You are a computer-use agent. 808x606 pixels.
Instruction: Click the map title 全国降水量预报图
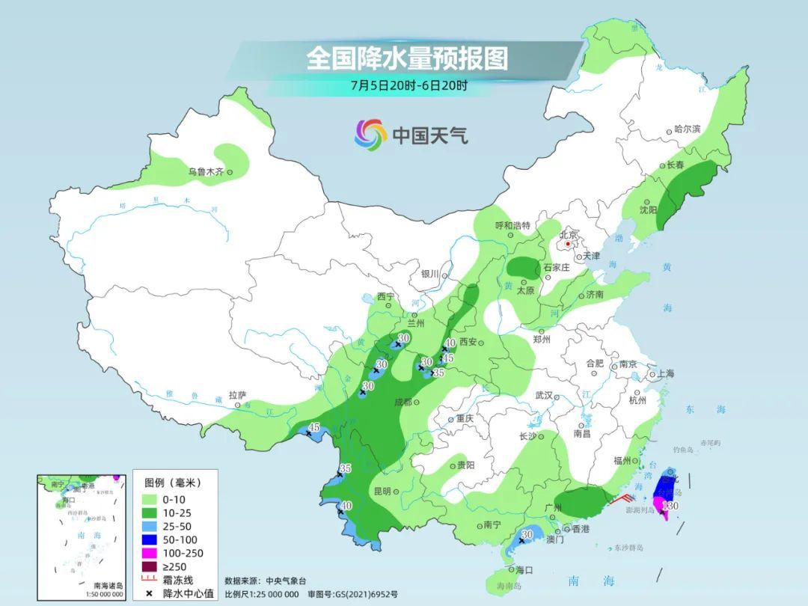407,58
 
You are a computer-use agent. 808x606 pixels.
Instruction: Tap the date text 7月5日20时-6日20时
408,85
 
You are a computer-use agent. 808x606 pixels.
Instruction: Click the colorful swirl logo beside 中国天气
370,134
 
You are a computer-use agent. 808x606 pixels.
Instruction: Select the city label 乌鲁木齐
206,172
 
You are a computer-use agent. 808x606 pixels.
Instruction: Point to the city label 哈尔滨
687,129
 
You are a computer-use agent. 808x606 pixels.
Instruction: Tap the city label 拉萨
237,395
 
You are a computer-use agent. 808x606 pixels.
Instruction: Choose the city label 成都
403,403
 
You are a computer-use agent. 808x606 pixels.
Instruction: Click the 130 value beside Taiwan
670,506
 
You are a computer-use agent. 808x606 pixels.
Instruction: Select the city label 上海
666,374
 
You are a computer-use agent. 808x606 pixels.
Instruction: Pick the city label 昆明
382,492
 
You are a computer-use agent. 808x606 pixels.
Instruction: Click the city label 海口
524,570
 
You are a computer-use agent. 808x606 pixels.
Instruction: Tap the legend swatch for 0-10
149,499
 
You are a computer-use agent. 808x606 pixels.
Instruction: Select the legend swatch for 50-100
149,539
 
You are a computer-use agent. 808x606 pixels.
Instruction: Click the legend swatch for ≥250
149,566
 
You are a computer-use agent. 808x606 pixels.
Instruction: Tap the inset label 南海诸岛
108,586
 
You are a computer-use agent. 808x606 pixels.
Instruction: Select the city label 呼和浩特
512,225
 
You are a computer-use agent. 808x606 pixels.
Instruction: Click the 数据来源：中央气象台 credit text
266,581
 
